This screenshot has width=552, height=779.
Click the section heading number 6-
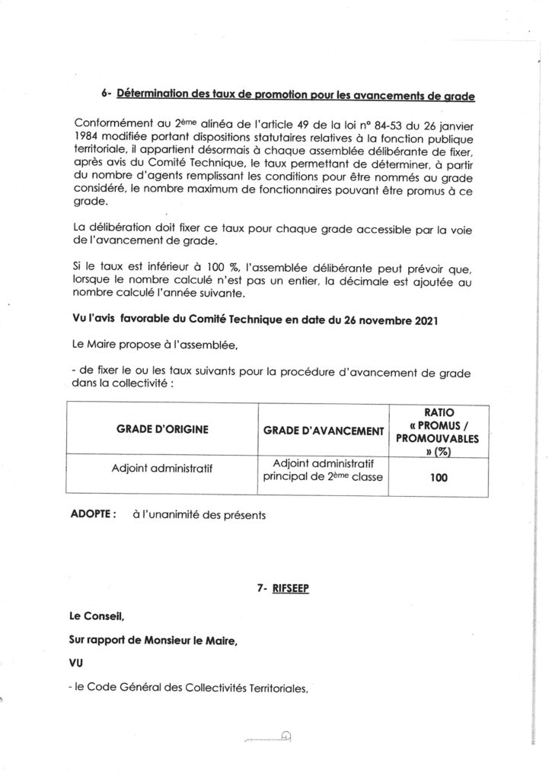(106, 95)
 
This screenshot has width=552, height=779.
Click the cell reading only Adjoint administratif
(161, 469)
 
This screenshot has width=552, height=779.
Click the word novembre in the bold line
(364, 323)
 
